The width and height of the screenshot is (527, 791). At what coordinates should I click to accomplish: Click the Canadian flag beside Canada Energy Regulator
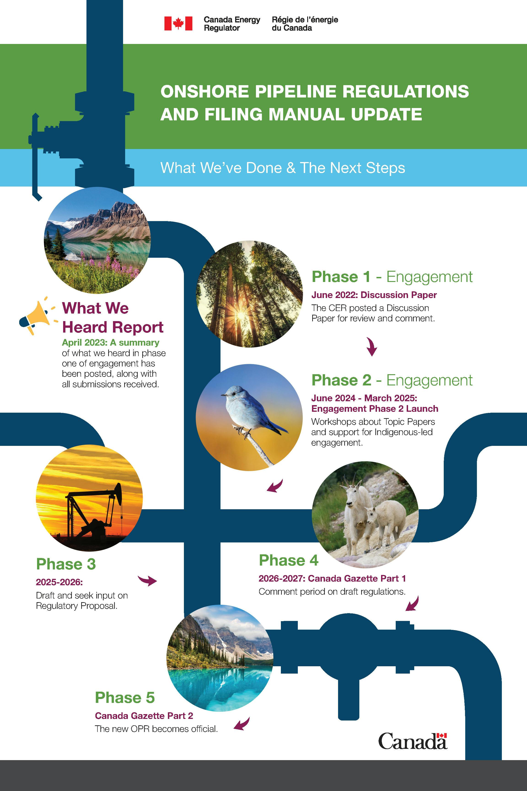178,24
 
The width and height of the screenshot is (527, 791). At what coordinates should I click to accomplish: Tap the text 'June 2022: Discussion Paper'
374,295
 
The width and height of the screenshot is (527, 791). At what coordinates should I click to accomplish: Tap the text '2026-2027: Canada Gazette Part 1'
332,578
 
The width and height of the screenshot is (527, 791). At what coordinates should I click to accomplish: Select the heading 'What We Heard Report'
112,317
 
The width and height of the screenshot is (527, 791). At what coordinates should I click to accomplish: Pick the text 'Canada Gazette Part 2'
144,716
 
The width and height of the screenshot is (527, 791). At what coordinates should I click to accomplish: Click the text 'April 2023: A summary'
110,342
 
